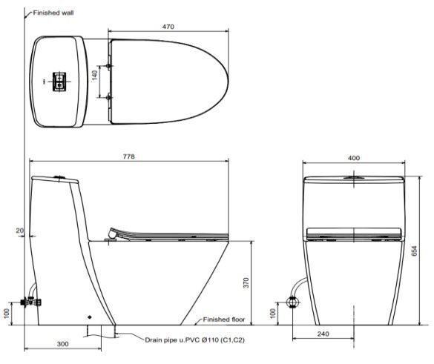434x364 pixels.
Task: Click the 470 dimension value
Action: [x=168, y=27]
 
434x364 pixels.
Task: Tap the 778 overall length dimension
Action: [x=128, y=156]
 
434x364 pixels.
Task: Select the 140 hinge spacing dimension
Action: [x=95, y=76]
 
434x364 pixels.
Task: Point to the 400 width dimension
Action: [x=354, y=158]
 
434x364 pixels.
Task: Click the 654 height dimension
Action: [x=414, y=251]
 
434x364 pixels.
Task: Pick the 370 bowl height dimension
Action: [x=246, y=283]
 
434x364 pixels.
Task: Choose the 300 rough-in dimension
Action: [x=63, y=344]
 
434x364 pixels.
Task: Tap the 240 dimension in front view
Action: [x=323, y=334]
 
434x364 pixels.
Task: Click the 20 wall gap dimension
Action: [x=19, y=231]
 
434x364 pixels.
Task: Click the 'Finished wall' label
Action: [x=53, y=13]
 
